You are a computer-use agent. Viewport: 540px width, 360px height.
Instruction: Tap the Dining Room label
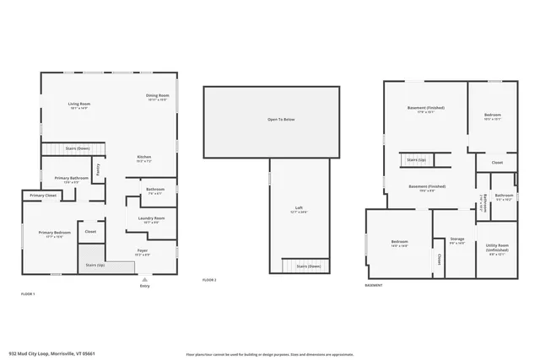[x=159, y=95]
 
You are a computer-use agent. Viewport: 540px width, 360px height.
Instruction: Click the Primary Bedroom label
[x=51, y=233]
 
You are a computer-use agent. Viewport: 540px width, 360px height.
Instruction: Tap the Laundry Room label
[x=152, y=218]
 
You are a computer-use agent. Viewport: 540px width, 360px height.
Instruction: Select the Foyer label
[x=143, y=250]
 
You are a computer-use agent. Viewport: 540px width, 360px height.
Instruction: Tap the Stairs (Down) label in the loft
[x=308, y=266]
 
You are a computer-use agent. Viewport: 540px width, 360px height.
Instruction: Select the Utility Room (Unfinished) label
[x=497, y=248]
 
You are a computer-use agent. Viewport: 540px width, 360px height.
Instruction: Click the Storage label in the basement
[x=456, y=239]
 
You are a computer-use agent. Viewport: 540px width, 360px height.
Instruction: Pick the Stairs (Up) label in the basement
[x=416, y=159]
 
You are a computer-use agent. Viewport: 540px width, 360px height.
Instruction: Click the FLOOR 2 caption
[x=210, y=279]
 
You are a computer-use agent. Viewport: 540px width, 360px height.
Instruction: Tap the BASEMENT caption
[x=374, y=285]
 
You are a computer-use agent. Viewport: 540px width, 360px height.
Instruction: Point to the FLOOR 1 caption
[x=28, y=293]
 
